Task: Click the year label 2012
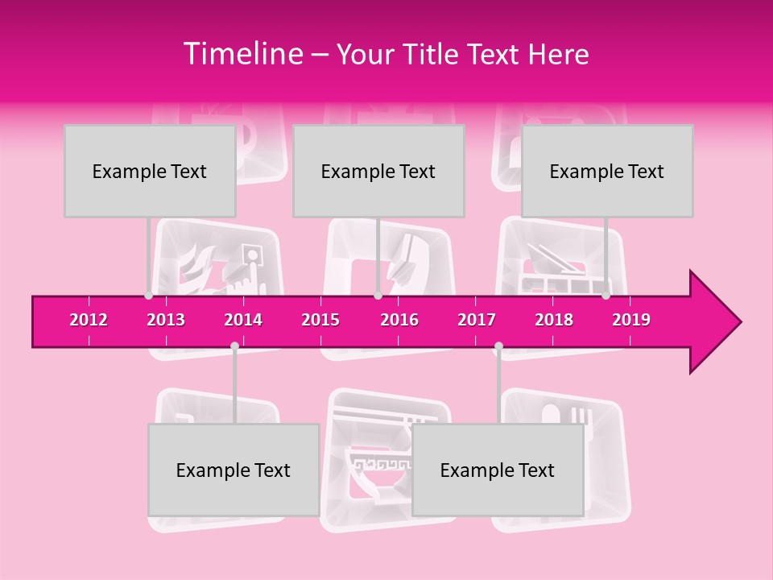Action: [x=89, y=320]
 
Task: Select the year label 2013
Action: [x=166, y=320]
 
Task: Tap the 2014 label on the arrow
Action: [x=243, y=320]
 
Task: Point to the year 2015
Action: [x=320, y=320]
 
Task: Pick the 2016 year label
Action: [x=399, y=320]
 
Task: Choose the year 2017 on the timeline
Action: [x=477, y=320]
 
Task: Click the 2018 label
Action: [x=554, y=320]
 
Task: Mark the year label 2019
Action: [x=631, y=320]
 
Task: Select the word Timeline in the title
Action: [x=241, y=54]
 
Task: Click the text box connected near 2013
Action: [x=150, y=171]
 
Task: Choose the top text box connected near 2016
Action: [x=378, y=171]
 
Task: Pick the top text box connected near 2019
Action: [x=607, y=171]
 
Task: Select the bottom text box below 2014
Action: [x=234, y=470]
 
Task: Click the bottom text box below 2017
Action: [x=498, y=470]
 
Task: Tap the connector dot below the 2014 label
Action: [x=234, y=346]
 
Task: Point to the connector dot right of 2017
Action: [x=498, y=346]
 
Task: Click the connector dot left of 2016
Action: [x=378, y=296]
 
